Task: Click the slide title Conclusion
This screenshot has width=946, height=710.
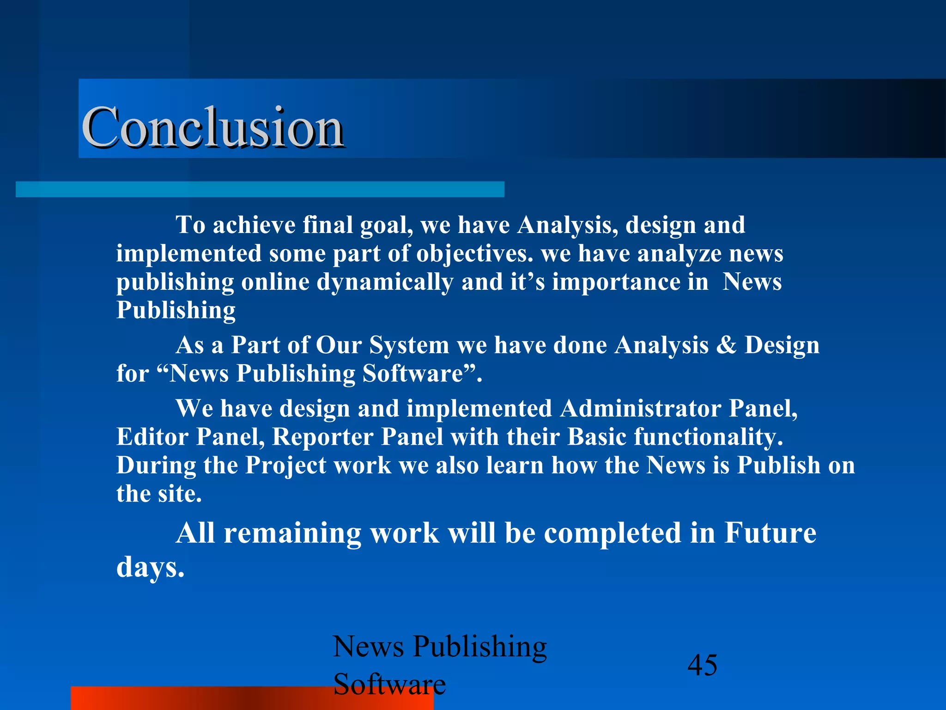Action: tap(212, 127)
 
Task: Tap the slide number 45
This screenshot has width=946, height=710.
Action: tap(702, 665)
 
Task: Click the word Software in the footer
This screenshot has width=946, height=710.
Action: tap(389, 684)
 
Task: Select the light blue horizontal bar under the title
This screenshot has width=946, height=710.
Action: tap(260, 190)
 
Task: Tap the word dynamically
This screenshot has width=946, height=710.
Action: tap(385, 282)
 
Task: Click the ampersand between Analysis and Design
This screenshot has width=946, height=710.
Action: tap(726, 345)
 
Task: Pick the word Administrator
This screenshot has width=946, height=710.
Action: tap(640, 409)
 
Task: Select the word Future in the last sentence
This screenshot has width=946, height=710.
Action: tap(770, 533)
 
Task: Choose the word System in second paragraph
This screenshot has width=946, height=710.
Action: tap(408, 345)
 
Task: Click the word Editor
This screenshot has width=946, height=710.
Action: tap(152, 437)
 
